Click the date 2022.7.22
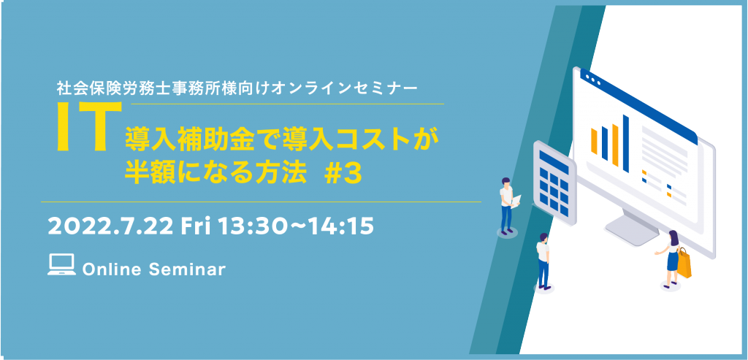tap(110, 227)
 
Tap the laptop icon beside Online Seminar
tap(61, 264)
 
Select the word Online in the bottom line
tap(112, 269)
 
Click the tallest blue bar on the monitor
tap(625, 144)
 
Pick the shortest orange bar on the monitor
tap(594, 141)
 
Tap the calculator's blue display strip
tap(554, 162)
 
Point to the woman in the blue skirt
tap(671, 258)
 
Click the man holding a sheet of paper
tap(507, 204)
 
